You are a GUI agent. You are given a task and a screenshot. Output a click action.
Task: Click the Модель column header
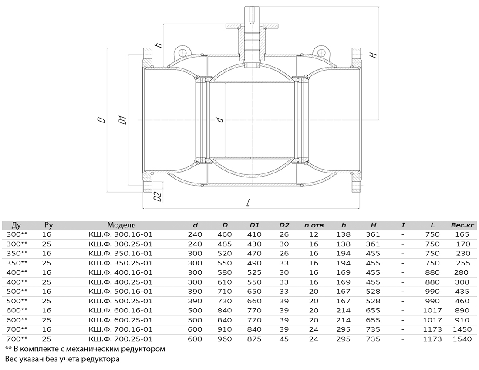coord(121,225)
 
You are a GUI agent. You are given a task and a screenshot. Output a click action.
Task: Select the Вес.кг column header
coord(462,225)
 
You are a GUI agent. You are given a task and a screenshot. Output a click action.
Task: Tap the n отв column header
coord(314,225)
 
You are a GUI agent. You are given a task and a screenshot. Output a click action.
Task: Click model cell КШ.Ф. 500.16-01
coord(120,292)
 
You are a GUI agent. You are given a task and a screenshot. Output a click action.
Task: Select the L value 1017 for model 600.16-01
coord(432,310)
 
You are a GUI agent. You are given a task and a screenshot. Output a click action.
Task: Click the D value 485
coord(225,244)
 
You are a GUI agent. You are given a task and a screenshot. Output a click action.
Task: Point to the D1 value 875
coord(254,339)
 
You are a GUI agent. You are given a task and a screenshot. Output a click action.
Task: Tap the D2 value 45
coord(284,339)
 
